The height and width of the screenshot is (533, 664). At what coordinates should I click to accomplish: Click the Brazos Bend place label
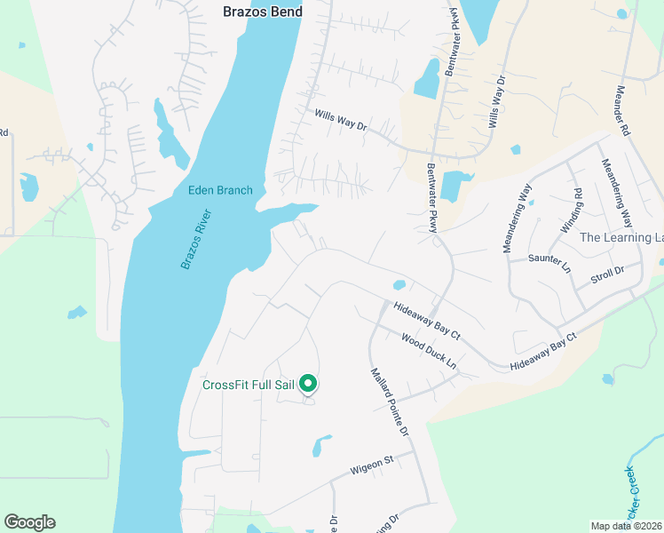pyautogui.click(x=262, y=12)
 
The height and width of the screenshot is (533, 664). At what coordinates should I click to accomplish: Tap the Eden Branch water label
pyautogui.click(x=220, y=190)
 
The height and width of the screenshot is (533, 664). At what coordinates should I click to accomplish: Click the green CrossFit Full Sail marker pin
pyautogui.click(x=308, y=384)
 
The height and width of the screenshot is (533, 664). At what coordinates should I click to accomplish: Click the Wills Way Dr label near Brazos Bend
pyautogui.click(x=341, y=120)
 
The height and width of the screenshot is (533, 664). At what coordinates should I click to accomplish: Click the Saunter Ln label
pyautogui.click(x=547, y=259)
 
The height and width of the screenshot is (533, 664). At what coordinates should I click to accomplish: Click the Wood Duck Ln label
pyautogui.click(x=428, y=351)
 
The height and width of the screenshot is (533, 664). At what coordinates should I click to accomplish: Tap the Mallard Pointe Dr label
pyautogui.click(x=389, y=402)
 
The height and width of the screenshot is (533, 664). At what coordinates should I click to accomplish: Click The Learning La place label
pyautogui.click(x=621, y=237)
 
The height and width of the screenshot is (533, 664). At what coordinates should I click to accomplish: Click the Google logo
pyautogui.click(x=29, y=522)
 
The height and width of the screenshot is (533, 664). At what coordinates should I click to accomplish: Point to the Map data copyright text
pyautogui.click(x=627, y=526)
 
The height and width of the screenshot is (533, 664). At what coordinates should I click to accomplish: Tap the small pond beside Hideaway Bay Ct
pyautogui.click(x=399, y=285)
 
